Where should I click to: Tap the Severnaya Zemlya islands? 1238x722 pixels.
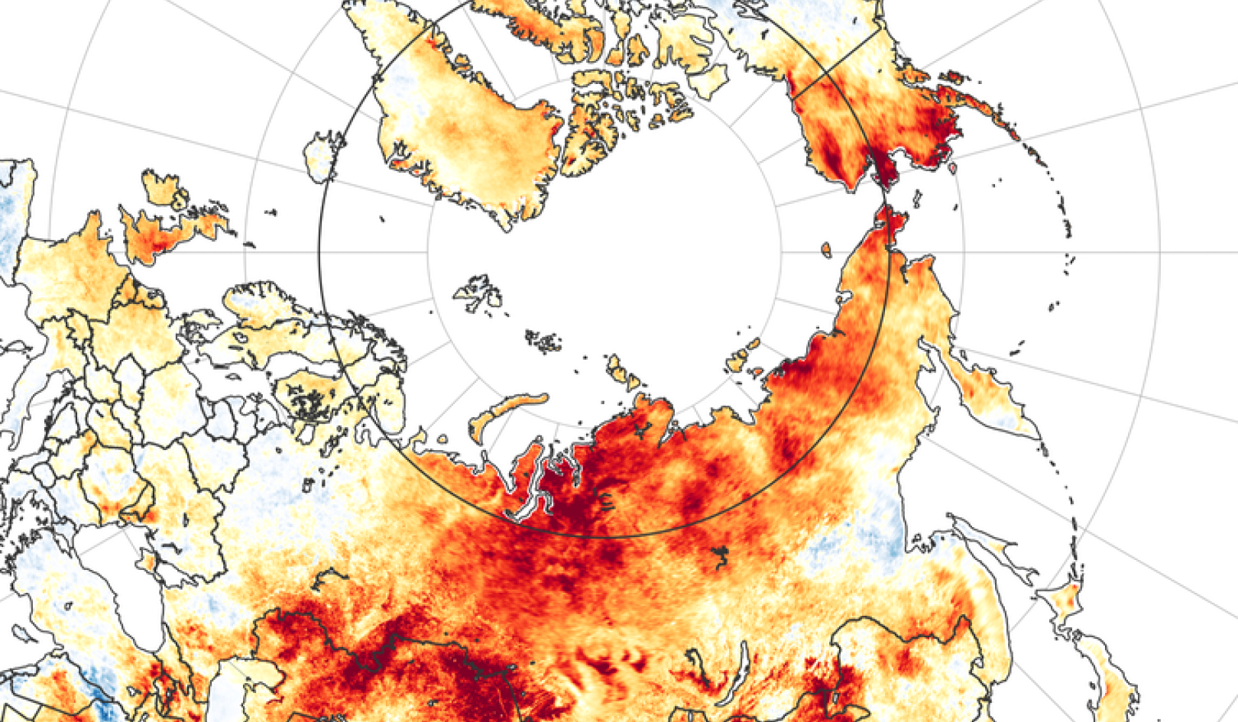pos(621,370)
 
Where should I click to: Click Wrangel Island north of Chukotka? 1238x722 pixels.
pos(825,250)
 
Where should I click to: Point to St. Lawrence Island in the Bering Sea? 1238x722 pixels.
pos(918,200)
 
